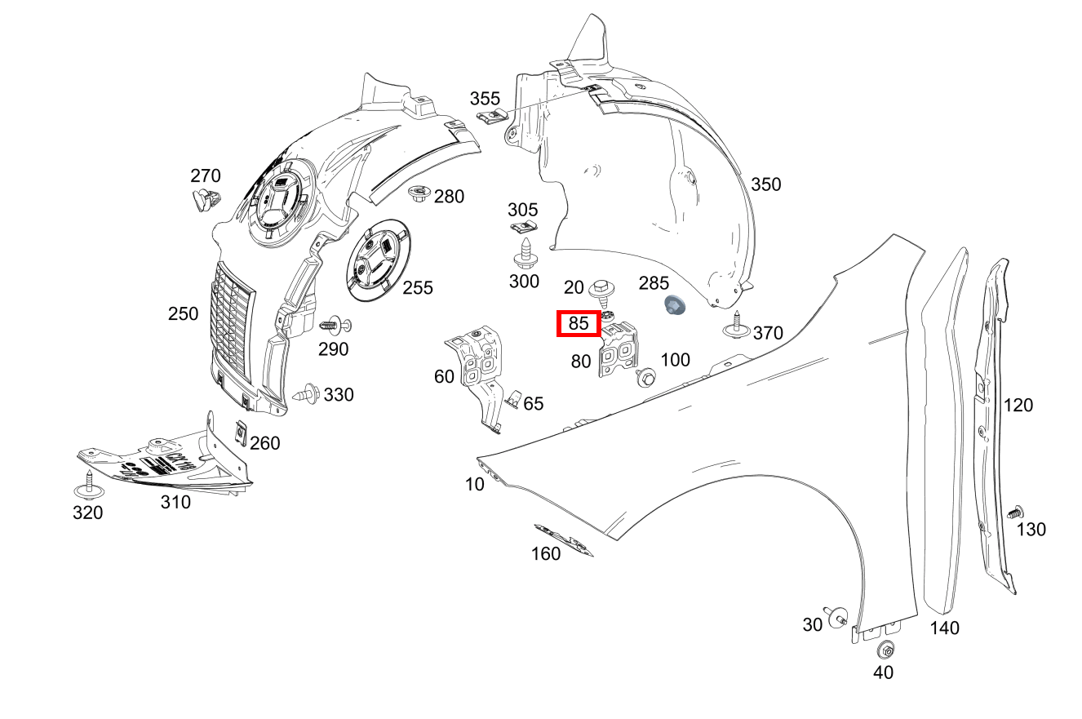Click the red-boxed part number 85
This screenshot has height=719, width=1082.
coord(579,324)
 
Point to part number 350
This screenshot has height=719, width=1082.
coord(765,184)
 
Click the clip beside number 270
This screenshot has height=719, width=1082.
coord(207,198)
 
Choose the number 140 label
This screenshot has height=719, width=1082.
coord(945,628)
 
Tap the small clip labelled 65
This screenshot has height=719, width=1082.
coord(513,398)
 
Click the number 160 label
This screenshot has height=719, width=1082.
coord(546,553)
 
